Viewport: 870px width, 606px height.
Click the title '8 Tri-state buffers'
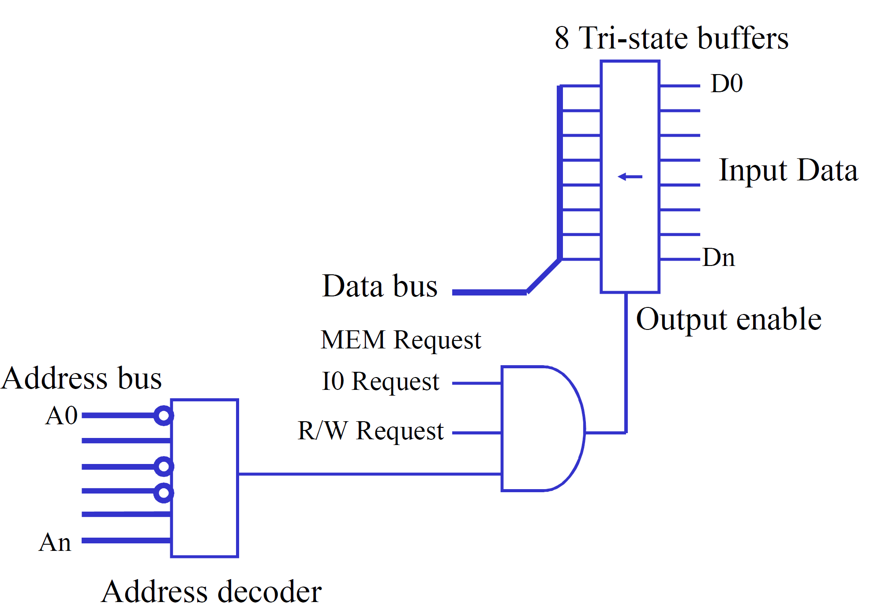pos(671,38)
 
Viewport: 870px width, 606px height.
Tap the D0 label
pos(727,83)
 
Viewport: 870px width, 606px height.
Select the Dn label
pos(719,258)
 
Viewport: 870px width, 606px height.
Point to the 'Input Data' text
pos(788,170)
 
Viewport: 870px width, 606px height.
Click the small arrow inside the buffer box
pos(630,177)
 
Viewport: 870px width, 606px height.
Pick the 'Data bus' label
pos(380,286)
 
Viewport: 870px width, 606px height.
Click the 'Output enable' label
pos(729,319)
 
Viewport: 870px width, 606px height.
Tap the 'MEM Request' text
pos(401,340)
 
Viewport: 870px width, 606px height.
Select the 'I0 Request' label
pos(380,382)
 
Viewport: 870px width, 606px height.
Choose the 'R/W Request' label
pos(371,431)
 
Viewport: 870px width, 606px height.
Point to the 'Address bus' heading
pos(82,378)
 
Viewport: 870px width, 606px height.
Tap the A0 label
pos(61,416)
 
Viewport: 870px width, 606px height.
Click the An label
pos(55,542)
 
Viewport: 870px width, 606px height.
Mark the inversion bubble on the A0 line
pos(164,415)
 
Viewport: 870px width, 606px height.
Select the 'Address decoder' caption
pos(211,591)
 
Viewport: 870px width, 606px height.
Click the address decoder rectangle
pos(205,478)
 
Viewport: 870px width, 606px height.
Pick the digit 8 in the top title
pos(562,38)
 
